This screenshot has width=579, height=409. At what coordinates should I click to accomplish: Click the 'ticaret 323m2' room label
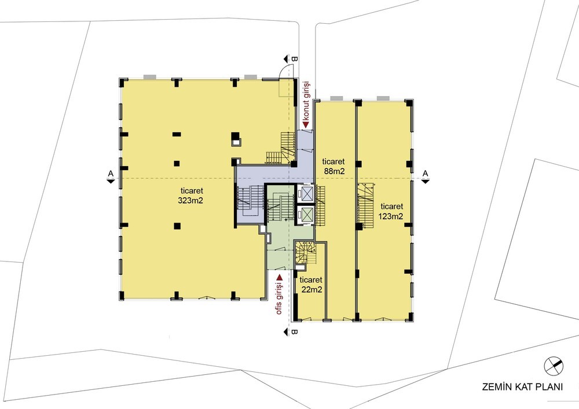coord(192,196)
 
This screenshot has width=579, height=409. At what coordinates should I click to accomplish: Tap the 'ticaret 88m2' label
coord(333,166)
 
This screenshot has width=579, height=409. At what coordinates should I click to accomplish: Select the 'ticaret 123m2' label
coord(391,211)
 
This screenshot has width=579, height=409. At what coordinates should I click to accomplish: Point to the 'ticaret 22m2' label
coord(312,285)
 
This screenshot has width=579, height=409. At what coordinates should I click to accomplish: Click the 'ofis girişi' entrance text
coord(280,300)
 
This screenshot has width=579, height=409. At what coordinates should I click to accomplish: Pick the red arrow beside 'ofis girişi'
coord(280,277)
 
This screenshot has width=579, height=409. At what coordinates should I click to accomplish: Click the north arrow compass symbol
coord(554,366)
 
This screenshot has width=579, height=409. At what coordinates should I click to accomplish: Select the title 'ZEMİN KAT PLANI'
coord(522,387)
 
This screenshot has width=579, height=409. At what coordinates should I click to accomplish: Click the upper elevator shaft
coord(307,193)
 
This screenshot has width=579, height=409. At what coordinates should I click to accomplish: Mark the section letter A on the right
coord(426,173)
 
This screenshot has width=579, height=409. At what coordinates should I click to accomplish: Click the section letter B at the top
coord(294,58)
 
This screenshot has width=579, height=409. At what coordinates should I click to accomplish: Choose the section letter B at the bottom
coord(294,331)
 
